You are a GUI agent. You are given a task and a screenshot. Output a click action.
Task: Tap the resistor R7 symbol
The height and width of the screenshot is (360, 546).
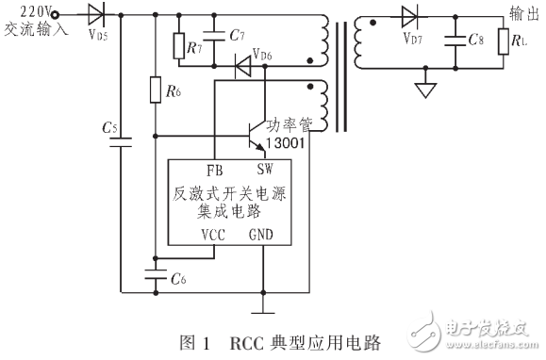point(179,44)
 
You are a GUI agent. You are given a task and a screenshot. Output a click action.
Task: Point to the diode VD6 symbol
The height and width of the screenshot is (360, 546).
point(242,66)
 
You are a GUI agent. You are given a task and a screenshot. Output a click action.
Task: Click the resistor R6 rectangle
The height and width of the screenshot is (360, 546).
point(155,90)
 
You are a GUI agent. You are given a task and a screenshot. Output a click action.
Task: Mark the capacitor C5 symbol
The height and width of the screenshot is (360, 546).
point(120,141)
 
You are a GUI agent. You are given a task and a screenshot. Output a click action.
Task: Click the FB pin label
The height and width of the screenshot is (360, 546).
point(214,170)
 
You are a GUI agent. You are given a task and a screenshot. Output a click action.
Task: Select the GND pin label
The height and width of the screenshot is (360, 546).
point(263,235)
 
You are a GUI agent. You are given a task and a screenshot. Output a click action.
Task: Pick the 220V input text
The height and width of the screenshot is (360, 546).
point(24,10)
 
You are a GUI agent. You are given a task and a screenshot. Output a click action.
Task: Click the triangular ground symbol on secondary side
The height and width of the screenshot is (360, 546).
point(426,90)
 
